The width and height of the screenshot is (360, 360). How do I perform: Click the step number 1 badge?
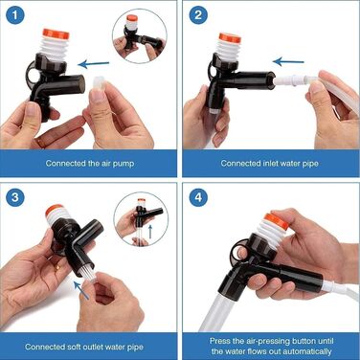(14, 15)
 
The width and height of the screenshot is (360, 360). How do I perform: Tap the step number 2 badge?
(198, 15)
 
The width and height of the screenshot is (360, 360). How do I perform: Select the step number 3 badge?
(14, 197)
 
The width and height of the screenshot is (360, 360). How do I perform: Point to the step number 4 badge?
(198, 197)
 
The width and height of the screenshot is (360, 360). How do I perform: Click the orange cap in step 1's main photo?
(56, 34)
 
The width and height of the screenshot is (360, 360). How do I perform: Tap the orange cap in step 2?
(230, 37)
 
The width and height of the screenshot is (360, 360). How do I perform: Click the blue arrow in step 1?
(94, 64)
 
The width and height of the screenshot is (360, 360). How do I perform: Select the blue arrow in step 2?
(288, 61)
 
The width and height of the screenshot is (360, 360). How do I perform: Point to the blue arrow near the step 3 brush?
(81, 290)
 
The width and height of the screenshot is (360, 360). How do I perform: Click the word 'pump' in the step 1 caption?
(124, 164)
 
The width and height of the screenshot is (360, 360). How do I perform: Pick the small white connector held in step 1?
(99, 84)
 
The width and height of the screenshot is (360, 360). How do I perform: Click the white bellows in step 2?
(228, 51)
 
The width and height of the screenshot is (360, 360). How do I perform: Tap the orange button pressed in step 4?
(277, 220)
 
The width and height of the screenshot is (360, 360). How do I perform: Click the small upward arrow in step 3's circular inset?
(150, 232)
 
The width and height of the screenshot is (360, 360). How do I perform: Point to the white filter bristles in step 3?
(90, 274)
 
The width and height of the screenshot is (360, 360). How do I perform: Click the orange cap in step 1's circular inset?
(131, 18)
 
